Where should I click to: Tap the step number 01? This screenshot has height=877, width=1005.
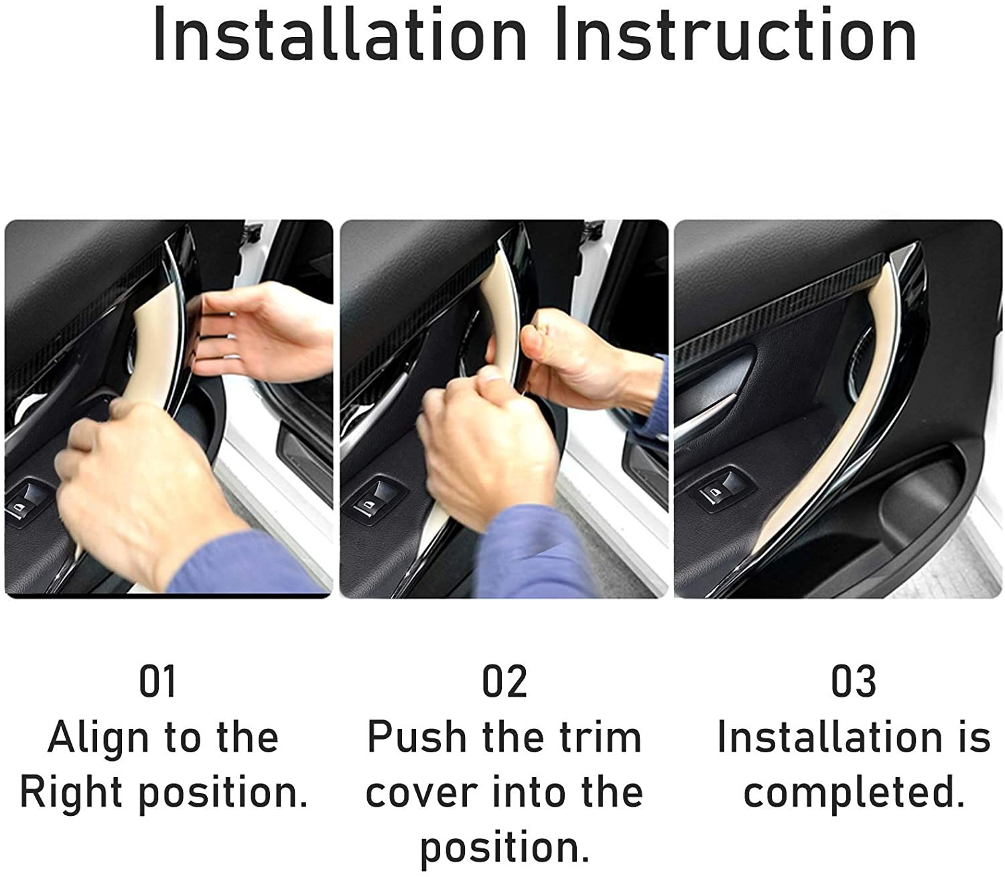[x=157, y=682]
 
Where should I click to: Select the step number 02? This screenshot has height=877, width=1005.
[x=505, y=682]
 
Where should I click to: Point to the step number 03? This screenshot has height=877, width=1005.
[x=853, y=682]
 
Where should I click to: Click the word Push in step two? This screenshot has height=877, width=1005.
[x=417, y=738]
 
